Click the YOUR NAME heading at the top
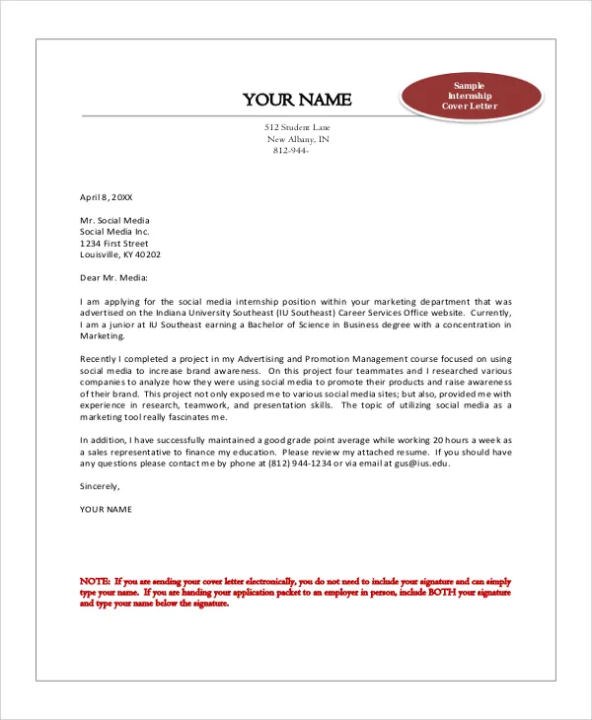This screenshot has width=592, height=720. [297, 100]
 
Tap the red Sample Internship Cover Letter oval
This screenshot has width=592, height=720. [471, 96]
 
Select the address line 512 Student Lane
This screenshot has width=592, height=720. [298, 128]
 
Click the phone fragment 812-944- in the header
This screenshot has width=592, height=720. [291, 151]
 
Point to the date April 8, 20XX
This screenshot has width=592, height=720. [106, 197]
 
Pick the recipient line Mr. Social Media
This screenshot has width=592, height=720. [114, 220]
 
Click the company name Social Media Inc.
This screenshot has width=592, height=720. [114, 232]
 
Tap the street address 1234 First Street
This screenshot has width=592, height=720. [113, 243]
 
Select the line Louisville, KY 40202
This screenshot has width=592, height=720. [119, 254]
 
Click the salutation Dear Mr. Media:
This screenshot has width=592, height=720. [113, 278]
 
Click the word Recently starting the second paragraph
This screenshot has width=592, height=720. [99, 358]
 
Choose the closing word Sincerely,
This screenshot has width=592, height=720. [100, 486]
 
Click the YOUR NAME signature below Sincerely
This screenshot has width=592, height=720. [106, 509]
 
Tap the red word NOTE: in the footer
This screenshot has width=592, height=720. [95, 582]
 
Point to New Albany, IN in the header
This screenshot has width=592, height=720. [298, 139]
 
